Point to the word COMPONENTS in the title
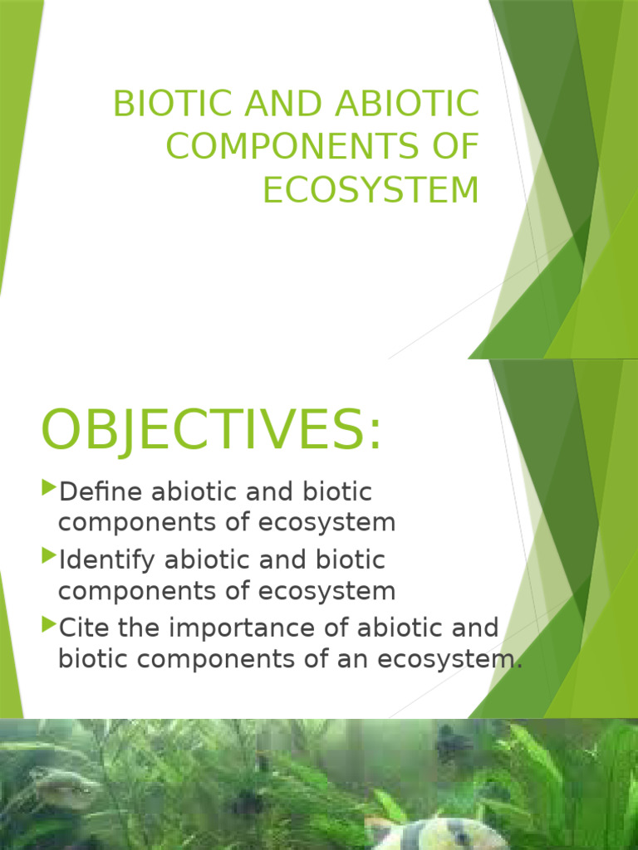(x=298, y=147)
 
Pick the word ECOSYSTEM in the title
(x=371, y=189)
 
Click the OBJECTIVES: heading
(x=212, y=431)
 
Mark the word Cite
(x=85, y=628)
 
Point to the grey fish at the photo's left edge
(x=62, y=789)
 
